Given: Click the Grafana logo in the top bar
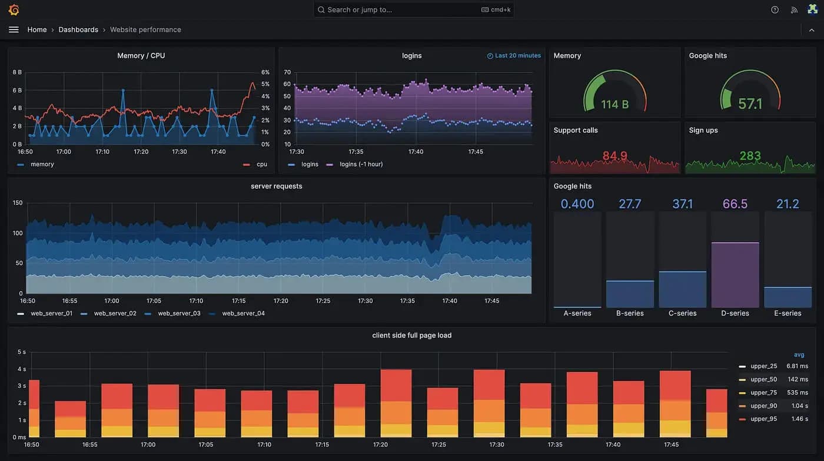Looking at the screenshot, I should pos(14,9).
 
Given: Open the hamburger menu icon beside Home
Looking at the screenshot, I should pos(14,29).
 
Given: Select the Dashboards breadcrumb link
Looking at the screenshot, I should pos(78,29).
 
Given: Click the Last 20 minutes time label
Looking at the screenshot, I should pos(517,55).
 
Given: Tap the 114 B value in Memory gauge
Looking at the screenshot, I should pos(614,104).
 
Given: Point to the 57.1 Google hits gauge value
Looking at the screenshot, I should pos(750,104).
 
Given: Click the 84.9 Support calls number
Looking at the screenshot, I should pos(614,156).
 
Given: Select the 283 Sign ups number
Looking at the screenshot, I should pos(750,156).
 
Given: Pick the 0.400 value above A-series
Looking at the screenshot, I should pos(577,204).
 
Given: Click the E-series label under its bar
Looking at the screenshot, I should pos(788,313).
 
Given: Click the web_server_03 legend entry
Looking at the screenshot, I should pos(179,313).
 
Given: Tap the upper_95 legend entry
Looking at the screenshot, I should pos(763,419).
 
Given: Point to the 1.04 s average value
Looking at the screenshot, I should pos(799,406).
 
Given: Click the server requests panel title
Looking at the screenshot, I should pos(276,186).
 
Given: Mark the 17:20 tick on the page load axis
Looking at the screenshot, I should pos(380,445).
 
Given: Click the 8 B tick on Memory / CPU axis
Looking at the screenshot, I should pos(17,72).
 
